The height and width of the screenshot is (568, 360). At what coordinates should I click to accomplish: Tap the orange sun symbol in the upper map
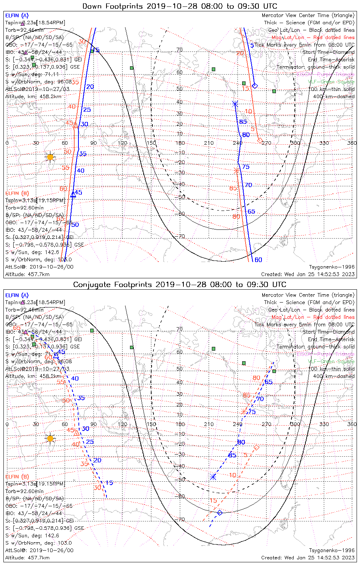pyautogui.click(x=50, y=157)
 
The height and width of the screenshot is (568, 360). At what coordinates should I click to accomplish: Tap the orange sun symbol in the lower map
pyautogui.click(x=50, y=438)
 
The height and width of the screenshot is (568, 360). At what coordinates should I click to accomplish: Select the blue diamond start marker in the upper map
pyautogui.click(x=255, y=86)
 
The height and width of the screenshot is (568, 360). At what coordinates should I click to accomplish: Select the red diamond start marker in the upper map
pyautogui.click(x=260, y=140)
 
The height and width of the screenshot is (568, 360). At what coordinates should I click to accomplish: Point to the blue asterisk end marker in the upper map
pyautogui.click(x=235, y=104)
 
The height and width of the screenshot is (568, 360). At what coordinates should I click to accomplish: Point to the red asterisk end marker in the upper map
pyautogui.click(x=237, y=171)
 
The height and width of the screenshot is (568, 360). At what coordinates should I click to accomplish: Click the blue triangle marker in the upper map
pyautogui.click(x=73, y=195)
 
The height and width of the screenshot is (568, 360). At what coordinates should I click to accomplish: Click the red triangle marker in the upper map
pyautogui.click(x=75, y=125)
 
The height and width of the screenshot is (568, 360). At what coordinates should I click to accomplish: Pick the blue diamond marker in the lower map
pyautogui.click(x=219, y=513)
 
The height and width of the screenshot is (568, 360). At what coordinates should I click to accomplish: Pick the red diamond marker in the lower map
pyautogui.click(x=257, y=448)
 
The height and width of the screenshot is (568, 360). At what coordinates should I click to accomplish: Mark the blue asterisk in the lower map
pyautogui.click(x=213, y=477)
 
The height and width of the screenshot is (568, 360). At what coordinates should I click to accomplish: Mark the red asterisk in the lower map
pyautogui.click(x=244, y=412)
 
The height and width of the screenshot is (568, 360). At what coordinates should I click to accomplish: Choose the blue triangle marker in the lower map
pyautogui.click(x=56, y=355)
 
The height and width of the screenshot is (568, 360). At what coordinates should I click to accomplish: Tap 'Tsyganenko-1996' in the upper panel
pyautogui.click(x=332, y=267)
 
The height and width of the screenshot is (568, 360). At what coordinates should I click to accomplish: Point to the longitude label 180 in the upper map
pyautogui.click(x=180, y=143)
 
